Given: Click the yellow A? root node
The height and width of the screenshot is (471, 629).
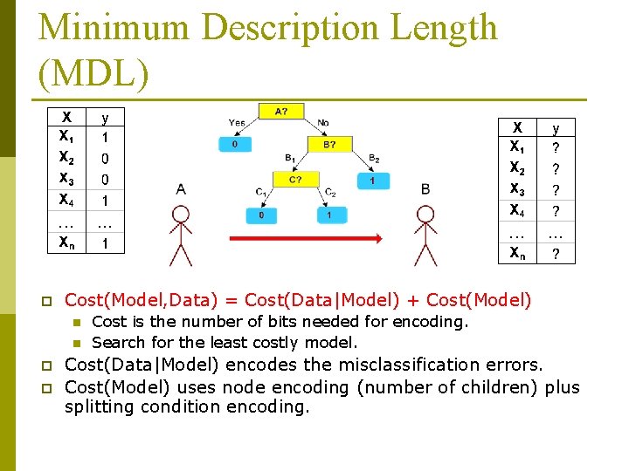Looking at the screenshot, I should coord(282,112).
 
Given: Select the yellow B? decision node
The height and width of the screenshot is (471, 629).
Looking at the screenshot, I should coord(329,145).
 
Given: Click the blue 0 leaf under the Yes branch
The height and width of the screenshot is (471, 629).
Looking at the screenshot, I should coord(236,145).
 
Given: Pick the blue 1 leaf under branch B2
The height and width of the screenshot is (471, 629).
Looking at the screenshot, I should coord(373,181).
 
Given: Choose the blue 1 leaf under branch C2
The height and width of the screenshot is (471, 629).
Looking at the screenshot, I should coord(329,215).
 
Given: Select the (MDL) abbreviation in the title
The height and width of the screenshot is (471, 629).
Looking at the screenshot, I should coord(94,72).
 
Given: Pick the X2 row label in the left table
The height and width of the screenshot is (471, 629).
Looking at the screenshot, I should coord(66,159).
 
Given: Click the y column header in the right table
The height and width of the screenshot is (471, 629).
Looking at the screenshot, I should coord(556,127).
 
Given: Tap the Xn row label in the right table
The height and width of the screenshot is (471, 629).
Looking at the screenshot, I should coord(518,254).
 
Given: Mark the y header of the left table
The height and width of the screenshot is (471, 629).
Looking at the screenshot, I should coord(106,116).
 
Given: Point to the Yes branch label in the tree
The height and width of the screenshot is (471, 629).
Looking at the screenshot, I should coord(237,122).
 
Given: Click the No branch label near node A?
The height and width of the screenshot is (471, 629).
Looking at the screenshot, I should coord(323,122).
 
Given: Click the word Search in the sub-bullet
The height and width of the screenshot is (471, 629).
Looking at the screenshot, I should coord(117,343).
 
